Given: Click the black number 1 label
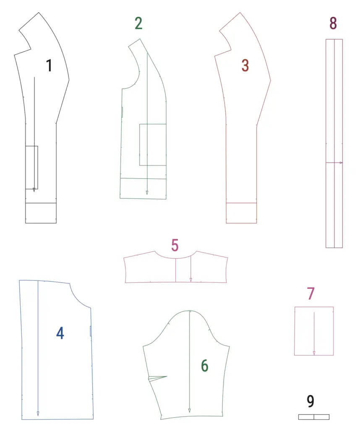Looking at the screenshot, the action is (x=50, y=66).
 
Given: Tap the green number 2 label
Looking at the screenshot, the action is (x=138, y=23).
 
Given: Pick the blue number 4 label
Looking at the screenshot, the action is (x=60, y=333).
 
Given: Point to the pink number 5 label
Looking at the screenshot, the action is (x=175, y=245).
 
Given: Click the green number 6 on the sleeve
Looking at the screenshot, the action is (x=205, y=366).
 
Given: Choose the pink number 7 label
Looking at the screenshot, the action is (x=310, y=294).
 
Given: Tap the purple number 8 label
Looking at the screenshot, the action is (x=333, y=23).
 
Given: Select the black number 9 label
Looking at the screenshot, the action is (x=310, y=401).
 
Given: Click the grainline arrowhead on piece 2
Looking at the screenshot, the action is (x=147, y=192).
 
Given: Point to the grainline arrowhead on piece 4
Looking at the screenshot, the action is (x=38, y=414).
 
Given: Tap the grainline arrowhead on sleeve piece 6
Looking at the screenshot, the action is (x=189, y=410).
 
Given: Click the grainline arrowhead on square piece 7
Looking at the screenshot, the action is (x=314, y=353).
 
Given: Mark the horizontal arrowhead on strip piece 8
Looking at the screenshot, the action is (x=341, y=163).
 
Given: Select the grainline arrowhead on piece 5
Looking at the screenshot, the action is (x=190, y=280).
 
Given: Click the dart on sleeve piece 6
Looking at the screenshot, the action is (x=157, y=378).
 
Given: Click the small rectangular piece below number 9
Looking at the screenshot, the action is (x=314, y=417).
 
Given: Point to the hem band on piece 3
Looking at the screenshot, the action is (x=241, y=213).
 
